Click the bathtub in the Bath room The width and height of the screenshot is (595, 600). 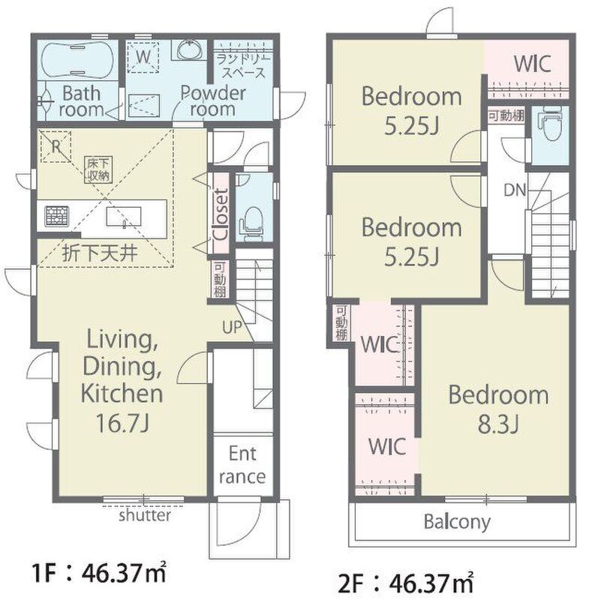(x=77, y=59)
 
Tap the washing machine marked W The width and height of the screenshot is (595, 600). (x=143, y=57)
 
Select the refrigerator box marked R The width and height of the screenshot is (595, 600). (x=56, y=146)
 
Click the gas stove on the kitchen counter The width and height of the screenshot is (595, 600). (x=57, y=216)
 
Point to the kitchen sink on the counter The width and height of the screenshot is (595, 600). (x=124, y=217)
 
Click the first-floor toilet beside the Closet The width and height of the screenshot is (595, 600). (x=251, y=224)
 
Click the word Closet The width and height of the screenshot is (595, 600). (x=221, y=214)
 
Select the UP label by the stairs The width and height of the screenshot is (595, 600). (x=232, y=327)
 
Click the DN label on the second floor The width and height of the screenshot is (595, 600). (x=515, y=190)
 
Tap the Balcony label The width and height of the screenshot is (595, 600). (x=457, y=522)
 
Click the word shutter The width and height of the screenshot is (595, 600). (x=145, y=515)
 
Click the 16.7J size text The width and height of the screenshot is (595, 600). (x=122, y=423)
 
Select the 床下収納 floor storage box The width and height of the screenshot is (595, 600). (x=98, y=169)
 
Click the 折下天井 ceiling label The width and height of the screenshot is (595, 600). (x=100, y=253)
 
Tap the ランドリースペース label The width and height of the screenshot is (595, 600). (x=244, y=66)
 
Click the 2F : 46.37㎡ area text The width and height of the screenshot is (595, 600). (x=406, y=583)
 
